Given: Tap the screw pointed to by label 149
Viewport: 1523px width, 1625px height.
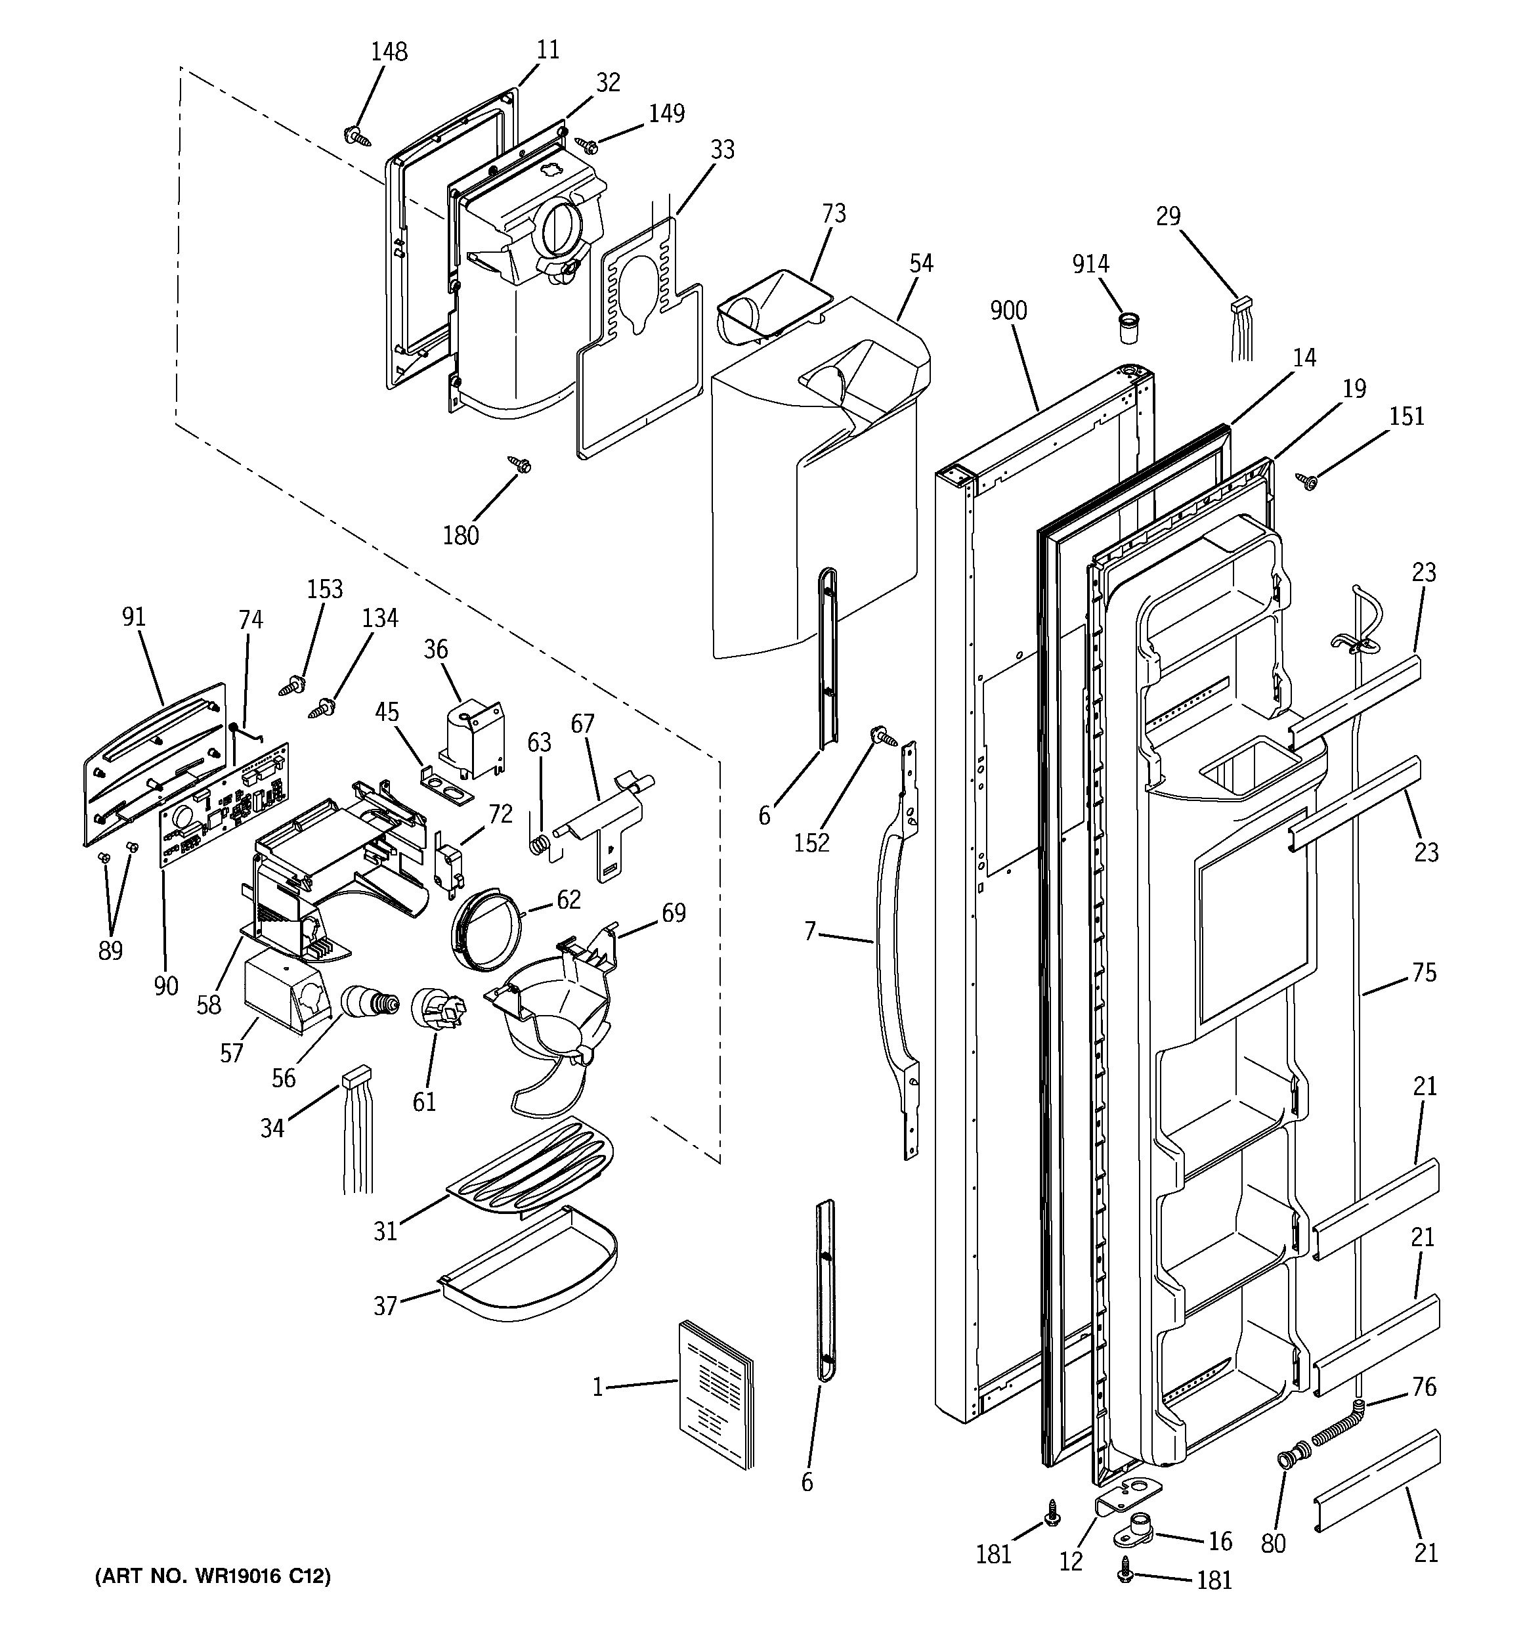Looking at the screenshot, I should [588, 146].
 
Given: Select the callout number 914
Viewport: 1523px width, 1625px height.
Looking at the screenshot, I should [1090, 263].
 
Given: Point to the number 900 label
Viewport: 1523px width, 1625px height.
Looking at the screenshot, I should [1008, 311].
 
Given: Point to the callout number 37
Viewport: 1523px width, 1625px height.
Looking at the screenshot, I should [385, 1305].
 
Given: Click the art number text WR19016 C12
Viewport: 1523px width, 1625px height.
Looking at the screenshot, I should [213, 1576].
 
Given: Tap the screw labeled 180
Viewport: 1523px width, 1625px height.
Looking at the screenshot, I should [520, 464].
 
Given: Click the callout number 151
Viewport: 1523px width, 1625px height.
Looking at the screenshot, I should [1406, 416].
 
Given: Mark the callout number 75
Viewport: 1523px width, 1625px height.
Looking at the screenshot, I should [1423, 973].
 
